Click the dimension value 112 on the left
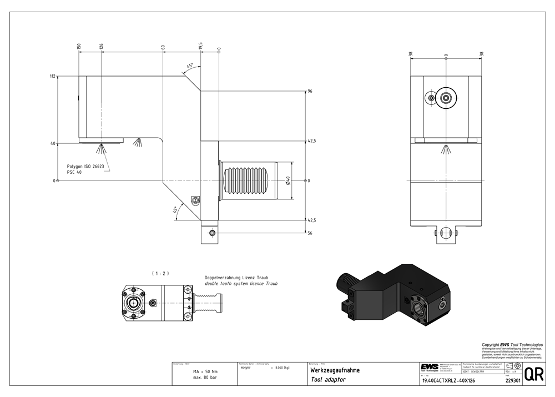pyautogui.click(x=53, y=77)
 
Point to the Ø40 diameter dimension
pyautogui.click(x=287, y=180)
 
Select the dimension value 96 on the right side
pyautogui.click(x=310, y=91)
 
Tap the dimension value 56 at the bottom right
pyautogui.click(x=310, y=234)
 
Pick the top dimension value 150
pyautogui.click(x=79, y=46)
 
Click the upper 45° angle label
pyautogui.click(x=189, y=66)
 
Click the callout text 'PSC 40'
pyautogui.click(x=74, y=172)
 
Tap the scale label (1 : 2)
pyautogui.click(x=160, y=273)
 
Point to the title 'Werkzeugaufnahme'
pyautogui.click(x=335, y=370)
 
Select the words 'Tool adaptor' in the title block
pyautogui.click(x=328, y=380)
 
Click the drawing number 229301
pyautogui.click(x=513, y=381)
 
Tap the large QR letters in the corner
pyautogui.click(x=534, y=374)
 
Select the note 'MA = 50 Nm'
pyautogui.click(x=205, y=371)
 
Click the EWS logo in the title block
pyautogui.click(x=428, y=368)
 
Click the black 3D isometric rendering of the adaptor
pyautogui.click(x=389, y=290)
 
